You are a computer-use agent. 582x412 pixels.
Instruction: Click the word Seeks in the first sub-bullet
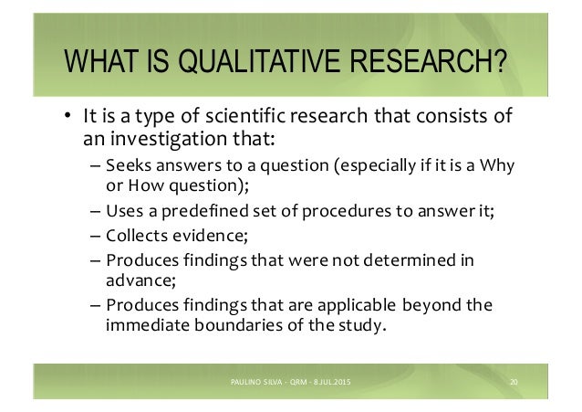[126, 166]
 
